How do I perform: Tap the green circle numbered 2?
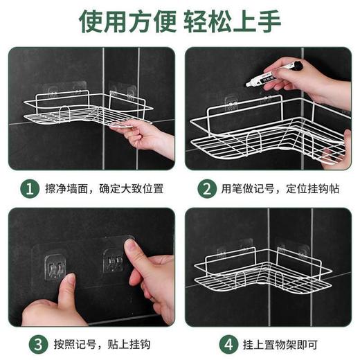pyautogui.click(x=206, y=188)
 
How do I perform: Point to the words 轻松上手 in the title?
pyautogui.click(x=232, y=21)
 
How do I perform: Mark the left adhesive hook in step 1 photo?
pyautogui.click(x=55, y=91)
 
